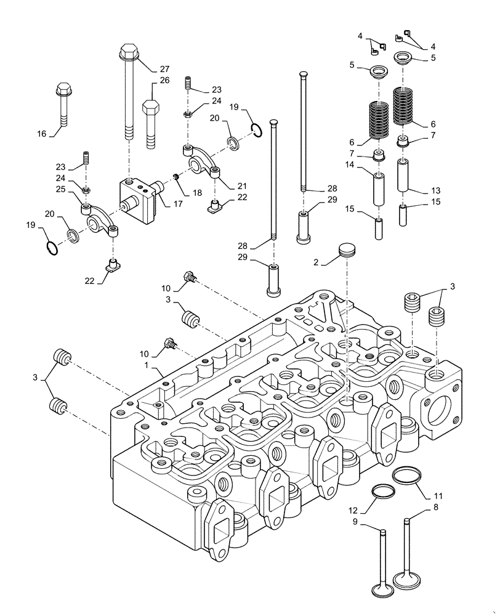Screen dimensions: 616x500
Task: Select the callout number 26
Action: (164, 80)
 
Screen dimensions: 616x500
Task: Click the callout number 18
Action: (197, 193)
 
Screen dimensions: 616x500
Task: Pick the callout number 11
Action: (438, 495)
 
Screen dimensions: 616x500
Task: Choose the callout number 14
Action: (350, 164)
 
